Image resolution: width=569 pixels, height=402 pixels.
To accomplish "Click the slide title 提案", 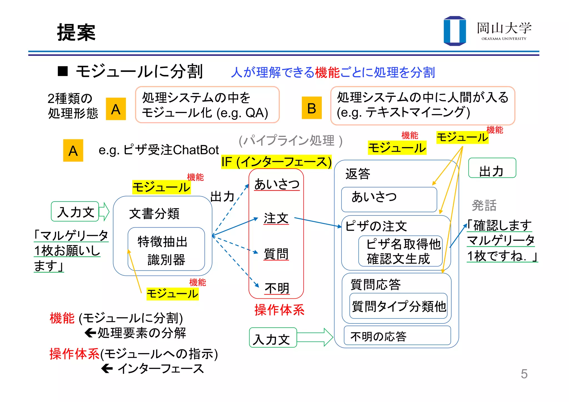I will click(76, 33).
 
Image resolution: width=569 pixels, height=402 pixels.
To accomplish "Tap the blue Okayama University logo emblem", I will click(455, 31).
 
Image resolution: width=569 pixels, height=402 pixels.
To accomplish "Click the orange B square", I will click(311, 108).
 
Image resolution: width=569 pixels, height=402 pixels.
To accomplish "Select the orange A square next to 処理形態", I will click(116, 109).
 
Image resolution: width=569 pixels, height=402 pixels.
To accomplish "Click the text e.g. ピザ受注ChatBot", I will click(159, 150).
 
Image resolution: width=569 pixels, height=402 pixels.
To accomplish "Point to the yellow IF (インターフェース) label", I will click(276, 162).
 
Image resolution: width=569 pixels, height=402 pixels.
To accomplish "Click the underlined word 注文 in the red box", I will click(276, 218).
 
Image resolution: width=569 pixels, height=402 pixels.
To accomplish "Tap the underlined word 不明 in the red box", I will click(277, 288).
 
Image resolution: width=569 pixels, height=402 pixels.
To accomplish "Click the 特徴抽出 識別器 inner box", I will click(166, 249).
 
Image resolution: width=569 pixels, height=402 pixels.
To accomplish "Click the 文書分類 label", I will click(154, 214).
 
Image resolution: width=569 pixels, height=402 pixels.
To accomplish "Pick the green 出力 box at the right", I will click(492, 168).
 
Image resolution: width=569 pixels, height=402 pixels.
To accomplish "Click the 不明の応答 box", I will click(397, 336).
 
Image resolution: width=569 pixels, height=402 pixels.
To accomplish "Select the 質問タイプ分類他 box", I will click(398, 306).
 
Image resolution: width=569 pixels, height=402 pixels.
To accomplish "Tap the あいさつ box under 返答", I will click(389, 199).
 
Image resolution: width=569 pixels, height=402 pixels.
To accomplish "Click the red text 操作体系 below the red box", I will click(279, 310).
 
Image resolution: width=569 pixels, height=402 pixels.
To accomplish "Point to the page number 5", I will click(524, 374).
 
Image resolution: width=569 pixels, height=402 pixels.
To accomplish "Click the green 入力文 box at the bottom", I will click(273, 338).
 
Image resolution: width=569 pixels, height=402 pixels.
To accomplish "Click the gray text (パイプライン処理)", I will click(290, 141).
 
